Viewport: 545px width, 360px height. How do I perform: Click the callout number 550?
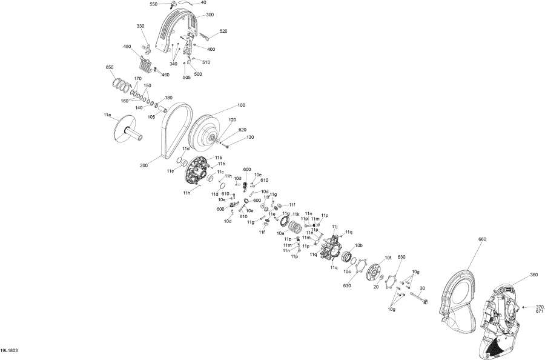click(154, 4)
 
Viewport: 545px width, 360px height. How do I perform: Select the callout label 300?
click(210, 15)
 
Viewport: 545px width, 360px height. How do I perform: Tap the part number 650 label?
click(110, 67)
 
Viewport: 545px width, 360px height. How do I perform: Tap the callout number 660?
click(482, 239)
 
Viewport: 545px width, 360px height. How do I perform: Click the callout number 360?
click(533, 275)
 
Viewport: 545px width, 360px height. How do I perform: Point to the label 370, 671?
click(540, 309)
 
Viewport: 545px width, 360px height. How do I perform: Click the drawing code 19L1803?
click(9, 350)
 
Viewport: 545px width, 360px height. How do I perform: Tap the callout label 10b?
click(359, 245)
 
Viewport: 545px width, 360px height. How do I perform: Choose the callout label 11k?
click(296, 215)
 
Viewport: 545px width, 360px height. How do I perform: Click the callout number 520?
click(223, 31)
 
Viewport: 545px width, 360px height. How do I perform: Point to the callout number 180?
click(168, 98)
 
